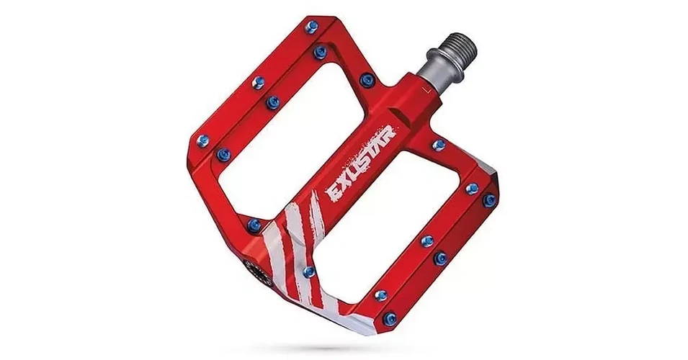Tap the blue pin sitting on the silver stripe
click(x=309, y=271)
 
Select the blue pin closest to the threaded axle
click(x=367, y=80)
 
